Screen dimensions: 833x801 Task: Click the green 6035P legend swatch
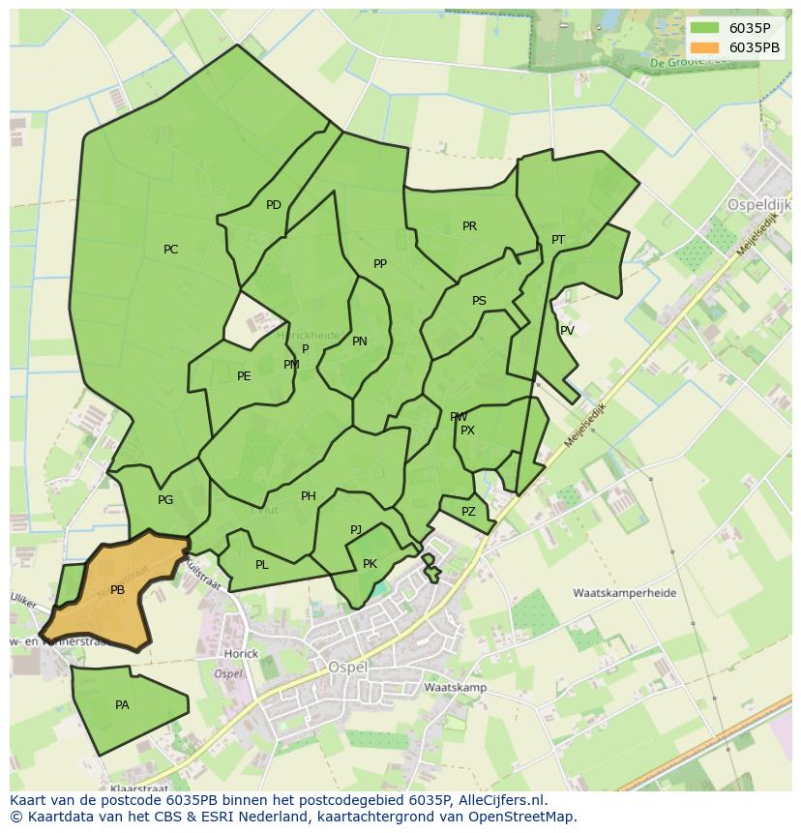706,28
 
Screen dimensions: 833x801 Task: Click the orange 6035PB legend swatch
706,47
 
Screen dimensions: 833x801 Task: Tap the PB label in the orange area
117,590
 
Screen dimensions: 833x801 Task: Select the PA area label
122,705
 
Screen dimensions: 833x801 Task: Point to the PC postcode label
170,250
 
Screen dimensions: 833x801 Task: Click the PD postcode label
274,205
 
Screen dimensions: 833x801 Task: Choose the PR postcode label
469,226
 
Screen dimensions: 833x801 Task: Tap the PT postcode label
558,240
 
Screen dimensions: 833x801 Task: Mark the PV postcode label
568,331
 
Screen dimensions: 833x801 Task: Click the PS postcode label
479,301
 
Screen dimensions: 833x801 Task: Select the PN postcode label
360,342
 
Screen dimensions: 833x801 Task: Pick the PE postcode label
244,376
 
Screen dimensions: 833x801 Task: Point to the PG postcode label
165,500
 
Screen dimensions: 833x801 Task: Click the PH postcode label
309,496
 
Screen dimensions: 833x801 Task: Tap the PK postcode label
370,564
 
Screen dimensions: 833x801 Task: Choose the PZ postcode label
468,512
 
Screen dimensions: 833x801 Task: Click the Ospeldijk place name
758,206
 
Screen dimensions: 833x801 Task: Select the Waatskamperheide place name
624,593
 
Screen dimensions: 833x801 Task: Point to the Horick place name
241,654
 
